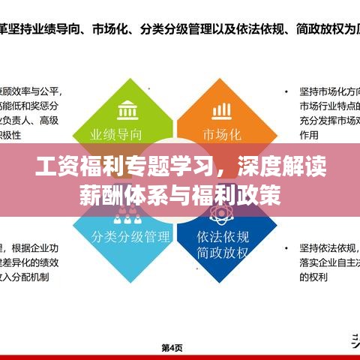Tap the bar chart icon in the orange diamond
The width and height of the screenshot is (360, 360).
pyautogui.click(x=221, y=110)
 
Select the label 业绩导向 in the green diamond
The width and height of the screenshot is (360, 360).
pyautogui.click(x=116, y=135)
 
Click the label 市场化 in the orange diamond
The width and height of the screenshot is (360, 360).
pyautogui.click(x=222, y=135)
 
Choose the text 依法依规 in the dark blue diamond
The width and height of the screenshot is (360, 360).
pyautogui.click(x=221, y=234)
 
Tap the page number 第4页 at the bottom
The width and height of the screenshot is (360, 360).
pyautogui.click(x=173, y=347)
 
